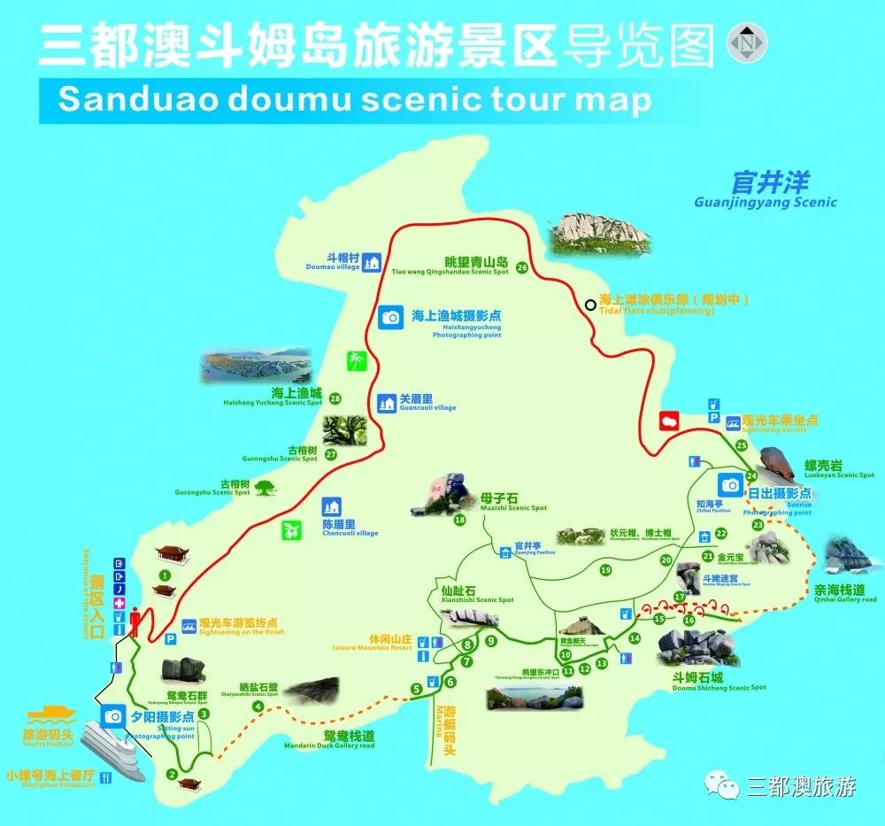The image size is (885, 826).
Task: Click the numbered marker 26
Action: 522,267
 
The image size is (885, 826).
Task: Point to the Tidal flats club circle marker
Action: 590,305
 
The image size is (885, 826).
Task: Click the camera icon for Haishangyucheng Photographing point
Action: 390,317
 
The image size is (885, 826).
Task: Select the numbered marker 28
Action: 335,398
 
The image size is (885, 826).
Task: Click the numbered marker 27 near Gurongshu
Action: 331,454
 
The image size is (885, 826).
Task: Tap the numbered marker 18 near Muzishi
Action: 459,520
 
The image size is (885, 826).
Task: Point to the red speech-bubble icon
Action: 671,420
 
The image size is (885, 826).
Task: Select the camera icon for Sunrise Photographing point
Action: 731,484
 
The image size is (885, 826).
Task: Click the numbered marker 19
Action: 605,570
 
